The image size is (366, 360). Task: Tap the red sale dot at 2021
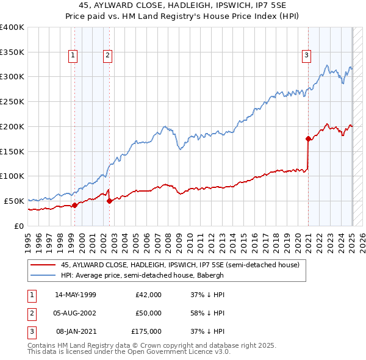tap(309, 139)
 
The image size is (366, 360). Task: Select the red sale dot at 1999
tap(74, 205)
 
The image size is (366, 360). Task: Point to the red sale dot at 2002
tap(109, 201)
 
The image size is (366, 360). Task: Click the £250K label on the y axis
tap(12, 101)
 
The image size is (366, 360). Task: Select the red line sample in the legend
tap(43, 265)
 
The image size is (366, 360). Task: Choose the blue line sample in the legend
tap(43, 275)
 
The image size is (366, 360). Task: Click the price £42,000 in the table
tap(148, 295)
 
